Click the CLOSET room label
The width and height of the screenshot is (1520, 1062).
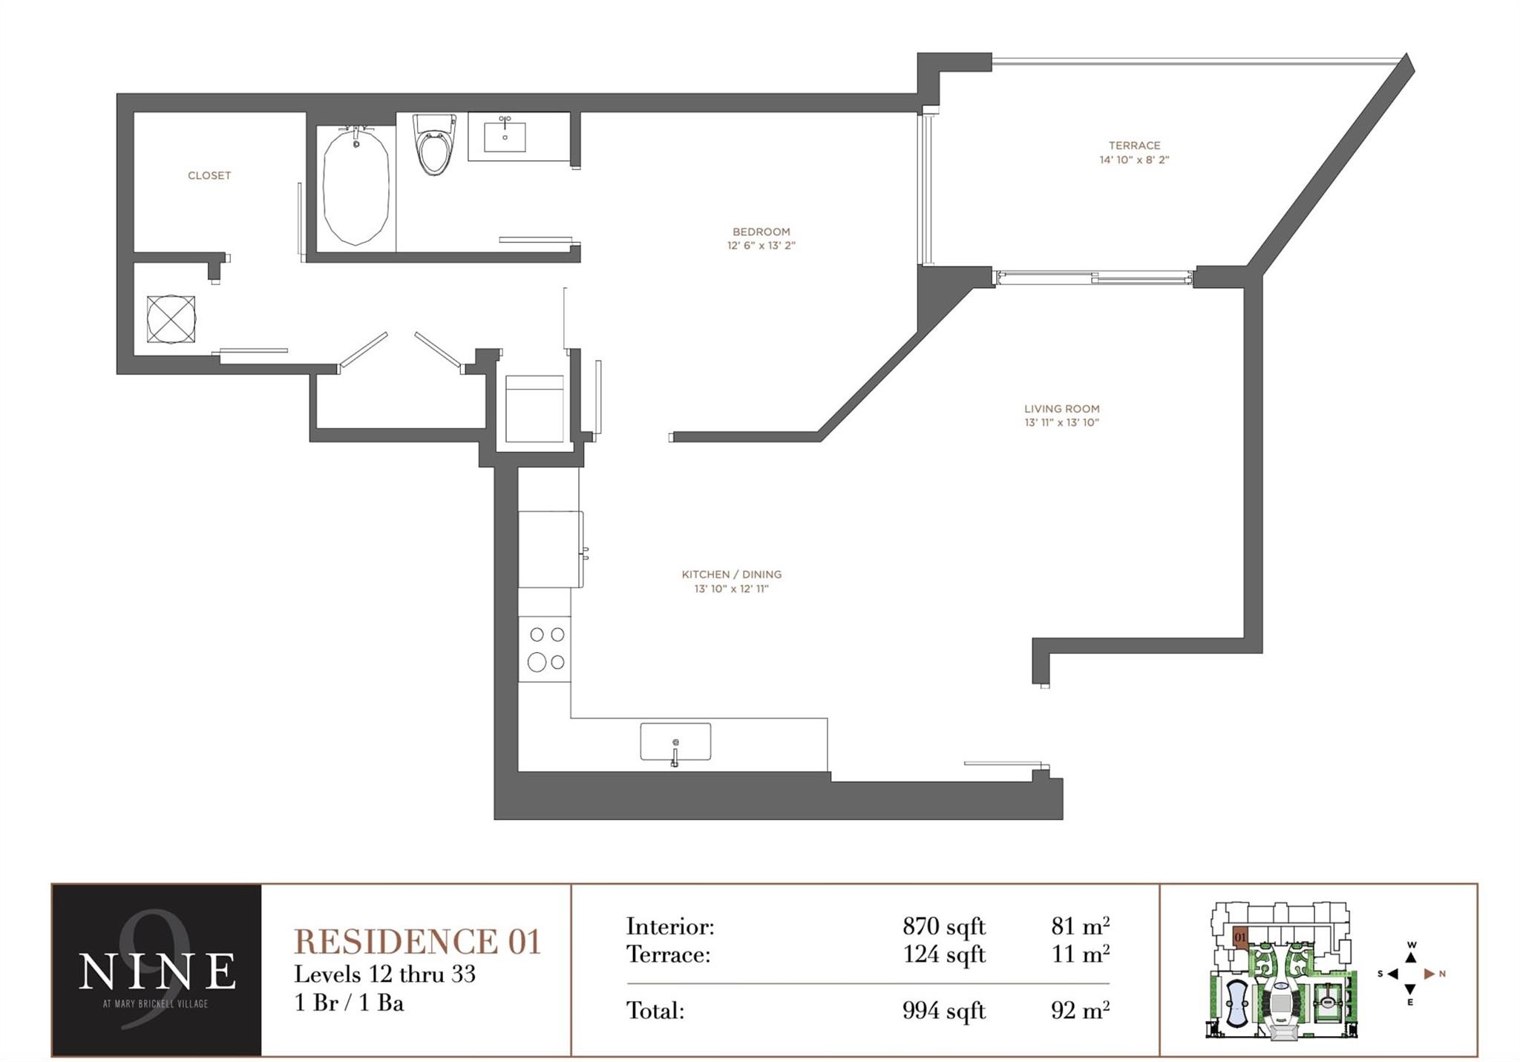(x=209, y=176)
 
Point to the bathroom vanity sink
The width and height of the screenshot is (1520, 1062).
(x=505, y=137)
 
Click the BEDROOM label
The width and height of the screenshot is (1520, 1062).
(x=761, y=232)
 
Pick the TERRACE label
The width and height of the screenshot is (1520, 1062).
(x=1134, y=145)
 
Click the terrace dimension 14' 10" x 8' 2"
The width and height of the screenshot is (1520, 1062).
(x=1134, y=160)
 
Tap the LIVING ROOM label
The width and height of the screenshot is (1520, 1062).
(x=1061, y=408)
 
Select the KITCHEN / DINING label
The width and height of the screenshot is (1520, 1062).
(x=731, y=574)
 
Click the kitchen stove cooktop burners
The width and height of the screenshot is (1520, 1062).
(x=546, y=649)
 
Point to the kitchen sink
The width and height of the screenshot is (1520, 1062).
(x=675, y=741)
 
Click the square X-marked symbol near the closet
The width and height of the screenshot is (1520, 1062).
(x=171, y=319)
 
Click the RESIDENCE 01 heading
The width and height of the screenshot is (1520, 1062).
(x=417, y=942)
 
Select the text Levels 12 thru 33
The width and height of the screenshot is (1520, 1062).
(x=384, y=974)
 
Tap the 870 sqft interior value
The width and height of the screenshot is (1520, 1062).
(x=943, y=926)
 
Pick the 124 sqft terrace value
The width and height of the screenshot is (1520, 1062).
(x=943, y=954)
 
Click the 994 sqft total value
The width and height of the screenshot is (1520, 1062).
(x=943, y=1011)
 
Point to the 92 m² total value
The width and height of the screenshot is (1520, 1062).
(x=1080, y=1011)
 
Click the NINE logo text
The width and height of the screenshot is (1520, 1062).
(x=157, y=971)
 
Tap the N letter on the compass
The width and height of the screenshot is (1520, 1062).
(x=1442, y=974)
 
